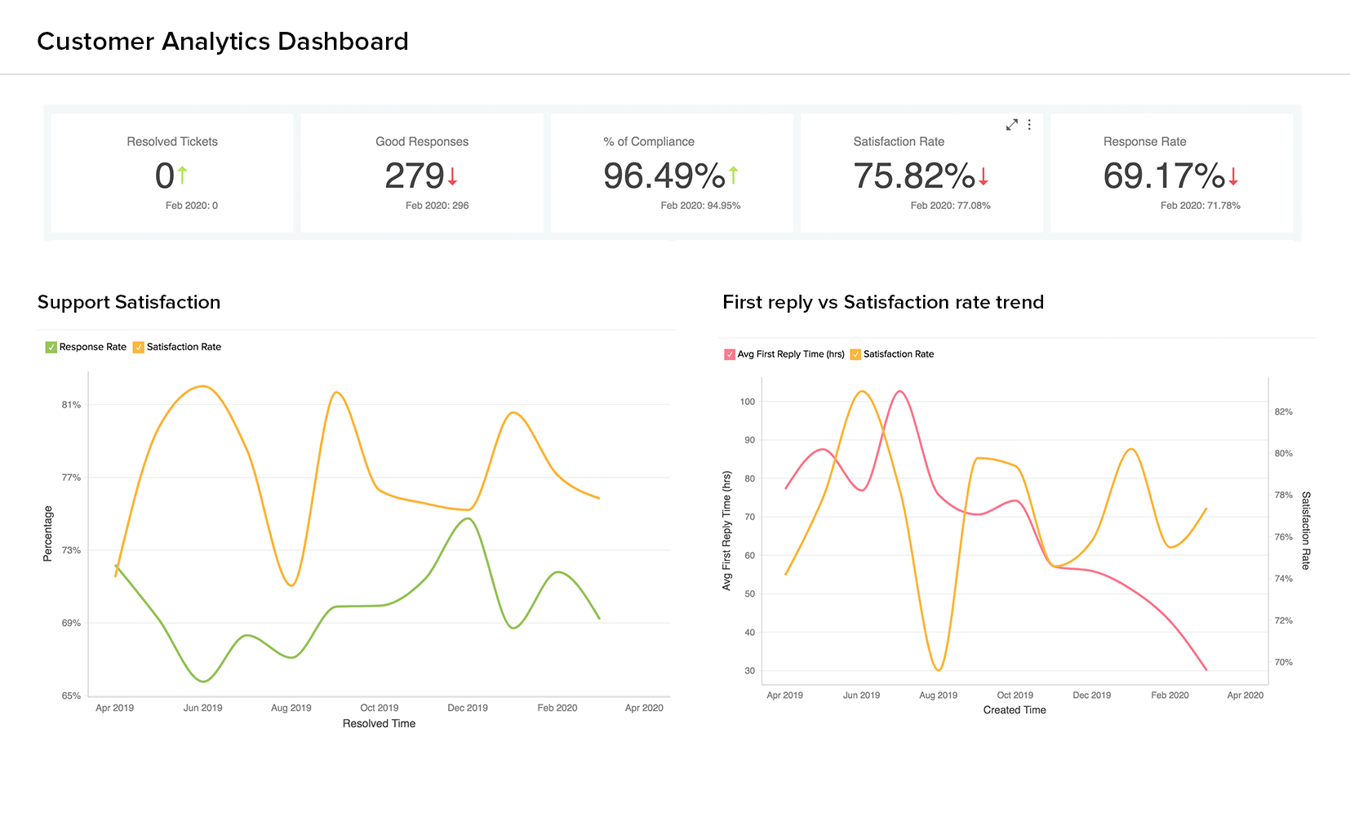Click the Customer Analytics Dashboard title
tap(223, 42)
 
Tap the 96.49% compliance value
tap(664, 176)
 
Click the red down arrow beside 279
tap(452, 176)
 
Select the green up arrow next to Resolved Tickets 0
tap(183, 175)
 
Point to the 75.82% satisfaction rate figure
tap(913, 176)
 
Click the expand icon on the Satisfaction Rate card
tap(1012, 125)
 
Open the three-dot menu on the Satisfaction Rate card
tap(1029, 125)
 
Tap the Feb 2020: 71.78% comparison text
tap(1200, 206)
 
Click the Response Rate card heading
tap(1144, 142)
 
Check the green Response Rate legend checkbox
tap(51, 347)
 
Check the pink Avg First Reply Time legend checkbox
tap(730, 354)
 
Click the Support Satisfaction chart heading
tap(129, 302)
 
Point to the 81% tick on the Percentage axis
tap(72, 405)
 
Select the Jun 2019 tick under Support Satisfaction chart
tap(202, 708)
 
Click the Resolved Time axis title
tap(379, 723)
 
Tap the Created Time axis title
tap(1015, 710)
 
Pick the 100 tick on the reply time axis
tap(748, 402)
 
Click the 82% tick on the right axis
tap(1283, 412)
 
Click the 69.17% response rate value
tap(1164, 176)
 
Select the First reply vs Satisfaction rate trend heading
tap(883, 302)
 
